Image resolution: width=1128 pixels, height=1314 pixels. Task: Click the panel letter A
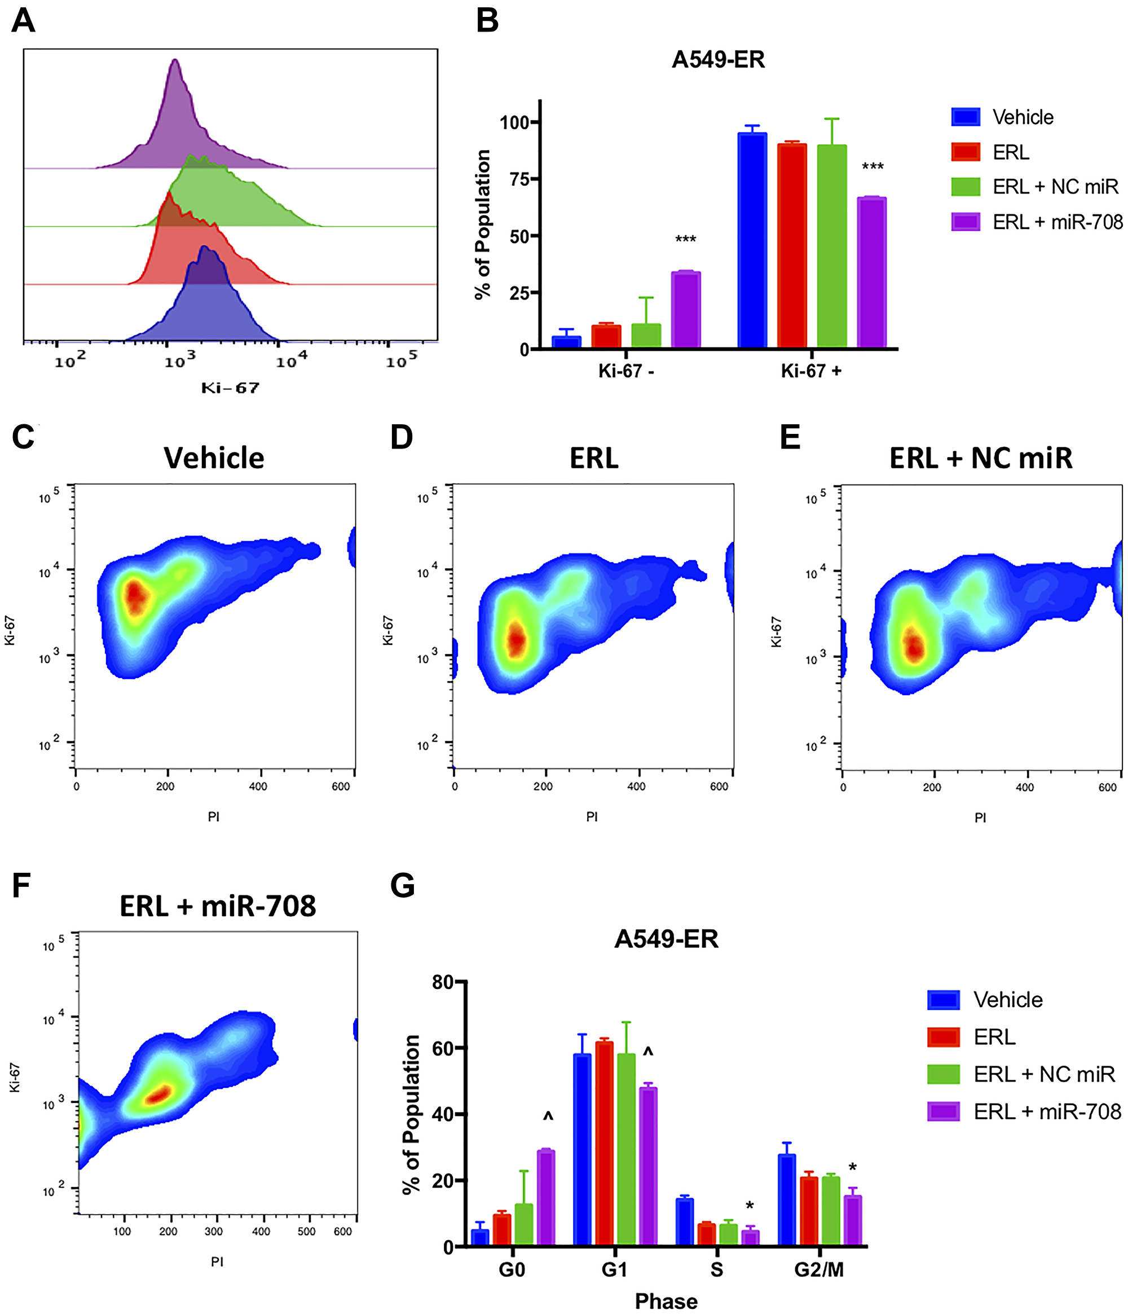point(24,20)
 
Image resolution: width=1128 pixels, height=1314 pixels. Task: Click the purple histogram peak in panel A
point(175,62)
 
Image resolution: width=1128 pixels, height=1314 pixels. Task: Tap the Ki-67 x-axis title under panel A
point(230,388)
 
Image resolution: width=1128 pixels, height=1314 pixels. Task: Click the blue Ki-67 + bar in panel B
point(752,241)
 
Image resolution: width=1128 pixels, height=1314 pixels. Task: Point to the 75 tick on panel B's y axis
point(519,179)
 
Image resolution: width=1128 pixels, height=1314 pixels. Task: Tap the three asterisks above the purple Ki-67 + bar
point(873,168)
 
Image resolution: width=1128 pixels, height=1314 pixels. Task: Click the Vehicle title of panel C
point(214,458)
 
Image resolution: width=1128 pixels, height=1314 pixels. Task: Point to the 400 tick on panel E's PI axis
point(1025,787)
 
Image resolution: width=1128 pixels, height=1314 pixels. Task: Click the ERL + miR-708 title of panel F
point(218,906)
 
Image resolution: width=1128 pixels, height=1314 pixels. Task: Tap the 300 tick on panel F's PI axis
point(214,1231)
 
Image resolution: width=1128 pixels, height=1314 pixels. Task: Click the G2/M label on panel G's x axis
point(818,1269)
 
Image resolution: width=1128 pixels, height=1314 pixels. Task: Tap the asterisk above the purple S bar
point(750,1206)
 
